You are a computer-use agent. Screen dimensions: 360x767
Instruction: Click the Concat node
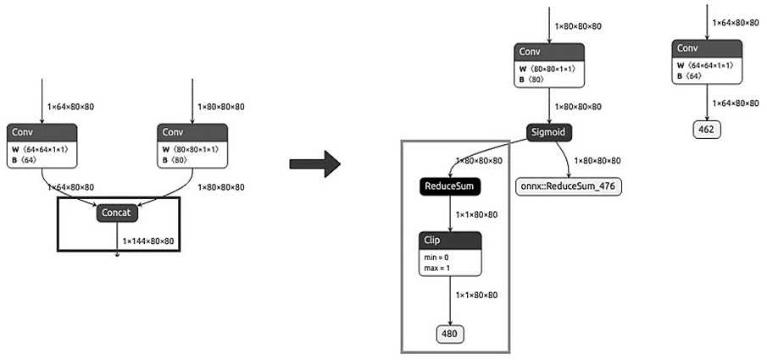coord(118,214)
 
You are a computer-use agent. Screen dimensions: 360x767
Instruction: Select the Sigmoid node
coord(548,132)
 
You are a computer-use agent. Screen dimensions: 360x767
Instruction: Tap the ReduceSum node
coord(450,186)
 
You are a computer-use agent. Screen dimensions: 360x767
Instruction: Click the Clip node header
coord(450,241)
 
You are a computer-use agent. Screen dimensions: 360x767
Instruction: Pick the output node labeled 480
coord(450,334)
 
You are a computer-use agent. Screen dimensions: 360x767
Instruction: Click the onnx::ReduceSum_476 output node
coord(570,186)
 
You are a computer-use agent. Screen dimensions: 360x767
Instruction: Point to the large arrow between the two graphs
coord(314,163)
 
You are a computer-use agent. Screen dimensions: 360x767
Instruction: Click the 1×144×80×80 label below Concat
coord(148,241)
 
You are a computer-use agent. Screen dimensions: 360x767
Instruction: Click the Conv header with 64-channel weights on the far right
coord(707,48)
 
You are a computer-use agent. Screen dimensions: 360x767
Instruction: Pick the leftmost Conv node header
coord(42,132)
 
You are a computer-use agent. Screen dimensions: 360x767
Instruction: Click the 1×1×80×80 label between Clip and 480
coord(477,295)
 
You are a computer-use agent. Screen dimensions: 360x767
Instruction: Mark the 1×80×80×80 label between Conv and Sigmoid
coord(579,107)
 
